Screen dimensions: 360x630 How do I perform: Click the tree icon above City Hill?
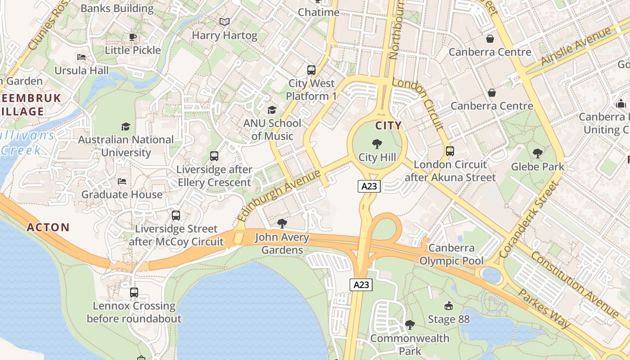pyautogui.click(x=377, y=144)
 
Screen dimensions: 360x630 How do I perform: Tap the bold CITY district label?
pyautogui.click(x=388, y=126)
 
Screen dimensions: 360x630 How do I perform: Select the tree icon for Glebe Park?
pyautogui.click(x=537, y=153)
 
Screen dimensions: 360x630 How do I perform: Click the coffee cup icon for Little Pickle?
pyautogui.click(x=132, y=37)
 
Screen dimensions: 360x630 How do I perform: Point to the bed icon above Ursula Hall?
pyautogui.click(x=81, y=57)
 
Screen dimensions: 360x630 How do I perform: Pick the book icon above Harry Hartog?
pyautogui.click(x=224, y=22)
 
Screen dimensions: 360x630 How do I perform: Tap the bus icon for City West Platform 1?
pyautogui.click(x=311, y=70)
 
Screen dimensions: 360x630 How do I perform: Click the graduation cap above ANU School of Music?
pyautogui.click(x=272, y=110)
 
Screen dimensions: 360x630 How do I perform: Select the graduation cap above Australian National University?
pyautogui.click(x=126, y=126)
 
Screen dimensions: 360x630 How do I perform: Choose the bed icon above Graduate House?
pyautogui.click(x=121, y=181)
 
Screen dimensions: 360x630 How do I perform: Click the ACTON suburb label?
pyautogui.click(x=48, y=227)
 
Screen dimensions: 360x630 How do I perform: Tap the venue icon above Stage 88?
pyautogui.click(x=448, y=306)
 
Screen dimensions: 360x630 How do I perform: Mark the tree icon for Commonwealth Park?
pyautogui.click(x=409, y=324)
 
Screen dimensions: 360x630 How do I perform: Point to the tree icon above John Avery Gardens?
pyautogui.click(x=282, y=224)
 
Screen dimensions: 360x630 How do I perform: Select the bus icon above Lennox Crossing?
pyautogui.click(x=134, y=292)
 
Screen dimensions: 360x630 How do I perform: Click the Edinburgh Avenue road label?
pyautogui.click(x=279, y=195)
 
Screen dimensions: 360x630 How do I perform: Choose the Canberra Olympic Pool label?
pyautogui.click(x=451, y=254)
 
